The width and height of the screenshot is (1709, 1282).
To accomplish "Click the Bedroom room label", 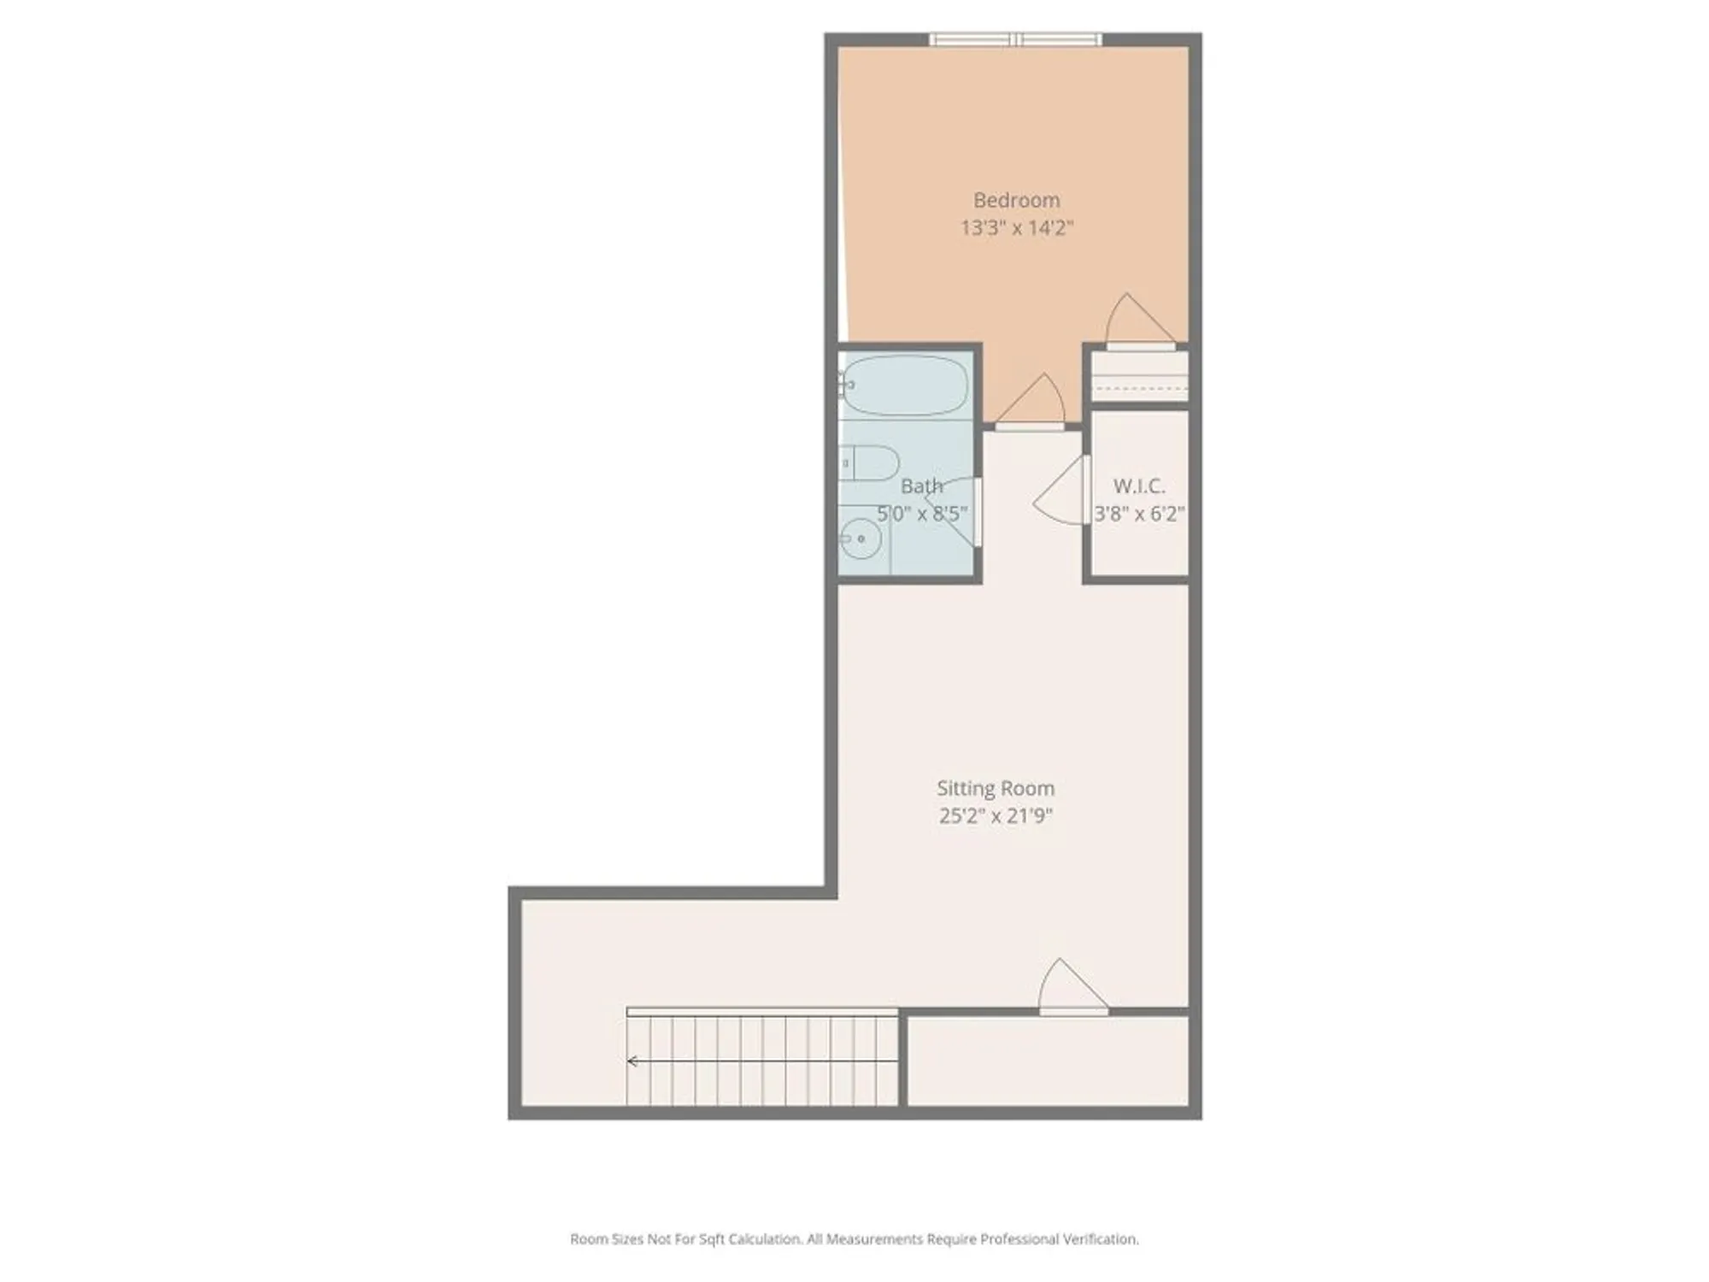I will coord(1016,200).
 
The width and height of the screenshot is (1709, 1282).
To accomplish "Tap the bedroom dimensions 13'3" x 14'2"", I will coord(1016,228).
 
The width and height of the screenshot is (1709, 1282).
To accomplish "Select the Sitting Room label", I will coord(995,788).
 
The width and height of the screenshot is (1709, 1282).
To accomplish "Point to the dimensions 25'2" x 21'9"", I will coord(995,815).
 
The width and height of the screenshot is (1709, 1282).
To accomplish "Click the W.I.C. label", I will coord(1138,486).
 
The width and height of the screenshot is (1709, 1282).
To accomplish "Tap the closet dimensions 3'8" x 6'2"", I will coord(1138,514).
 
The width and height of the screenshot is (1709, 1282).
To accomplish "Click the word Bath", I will coord(921,486).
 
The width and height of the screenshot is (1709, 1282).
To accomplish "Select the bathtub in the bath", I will coord(904,385).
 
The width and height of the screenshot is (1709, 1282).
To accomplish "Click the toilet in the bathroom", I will coord(870,463).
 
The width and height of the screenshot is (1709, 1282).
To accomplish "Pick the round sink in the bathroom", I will coord(860,538).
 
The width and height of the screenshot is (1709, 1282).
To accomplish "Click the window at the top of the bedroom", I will coord(1015,39).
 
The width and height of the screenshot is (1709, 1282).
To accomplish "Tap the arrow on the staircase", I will coord(633,1061).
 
